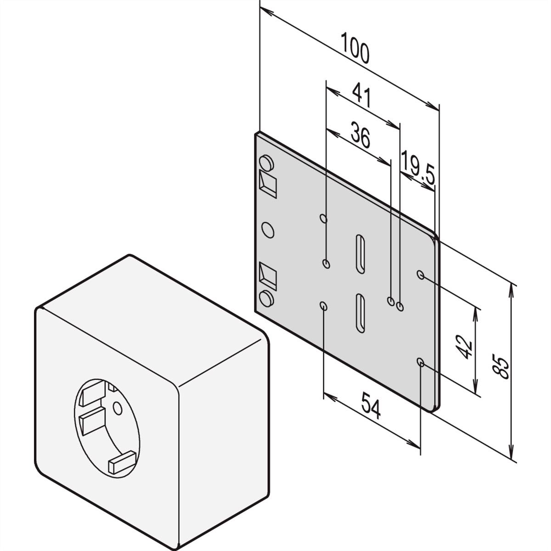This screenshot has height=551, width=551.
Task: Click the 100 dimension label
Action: pos(355,48)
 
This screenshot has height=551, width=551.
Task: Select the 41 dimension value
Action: pos(361,95)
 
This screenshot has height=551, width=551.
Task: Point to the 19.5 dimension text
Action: pos(418,168)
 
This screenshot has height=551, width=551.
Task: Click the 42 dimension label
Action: pos(463,348)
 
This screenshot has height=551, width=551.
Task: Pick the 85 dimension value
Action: pos(500,367)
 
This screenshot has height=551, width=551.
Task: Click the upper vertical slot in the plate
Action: pos(360,254)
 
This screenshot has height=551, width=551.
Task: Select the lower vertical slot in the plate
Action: pos(360,313)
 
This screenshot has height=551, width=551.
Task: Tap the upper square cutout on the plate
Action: pos(268,184)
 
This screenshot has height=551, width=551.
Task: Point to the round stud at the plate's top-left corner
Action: pos(266,163)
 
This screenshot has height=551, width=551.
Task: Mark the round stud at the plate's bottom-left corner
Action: pos(266,299)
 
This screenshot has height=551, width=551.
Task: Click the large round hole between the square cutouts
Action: pos(268,230)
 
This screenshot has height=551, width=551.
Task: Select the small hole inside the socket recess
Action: pos(118,408)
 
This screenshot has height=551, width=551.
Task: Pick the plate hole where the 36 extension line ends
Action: pos(391,301)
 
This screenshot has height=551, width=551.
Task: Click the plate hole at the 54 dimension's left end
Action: pos(324,306)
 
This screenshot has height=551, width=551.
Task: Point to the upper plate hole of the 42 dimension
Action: pos(420,275)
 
